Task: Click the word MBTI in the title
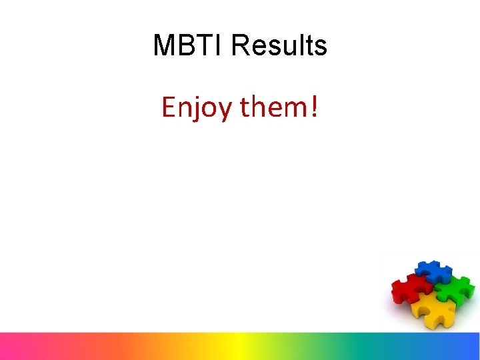click(x=189, y=46)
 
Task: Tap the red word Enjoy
click(x=197, y=107)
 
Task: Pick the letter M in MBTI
click(x=164, y=46)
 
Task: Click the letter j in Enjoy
click(x=196, y=109)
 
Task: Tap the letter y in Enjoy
click(x=224, y=111)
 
